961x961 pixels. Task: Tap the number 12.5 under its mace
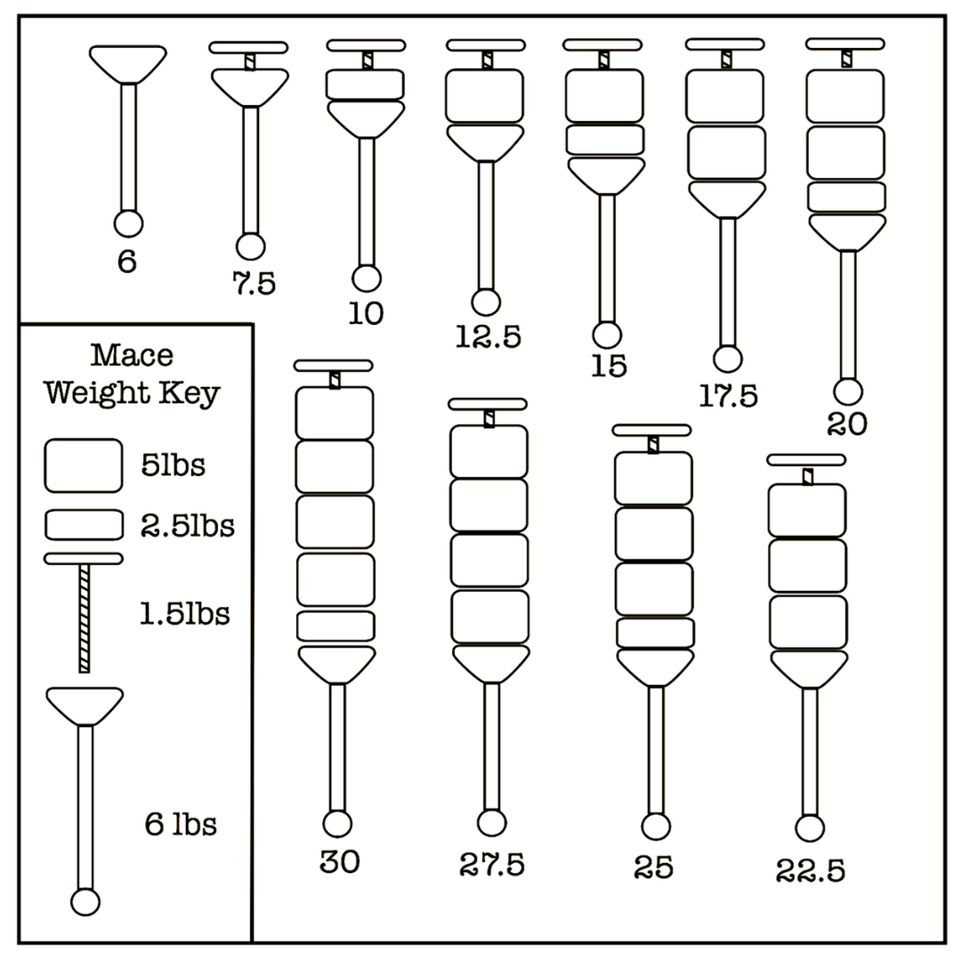coord(488,336)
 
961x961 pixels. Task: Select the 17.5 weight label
coord(728,396)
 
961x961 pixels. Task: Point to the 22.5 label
coord(810,869)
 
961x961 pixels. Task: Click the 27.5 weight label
coord(492,863)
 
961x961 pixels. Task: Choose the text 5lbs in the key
coord(173,465)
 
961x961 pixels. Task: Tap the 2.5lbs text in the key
coord(187,526)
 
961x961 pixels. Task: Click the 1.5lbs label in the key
coord(185,613)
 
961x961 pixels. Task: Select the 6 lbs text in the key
coord(181,825)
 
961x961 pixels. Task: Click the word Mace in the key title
coord(132,356)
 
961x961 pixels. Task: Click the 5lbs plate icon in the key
coord(84,465)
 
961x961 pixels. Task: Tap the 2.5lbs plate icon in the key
coord(84,525)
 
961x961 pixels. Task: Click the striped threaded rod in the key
coord(85,618)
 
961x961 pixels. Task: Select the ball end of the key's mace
coord(85,902)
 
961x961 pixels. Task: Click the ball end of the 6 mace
coord(128,222)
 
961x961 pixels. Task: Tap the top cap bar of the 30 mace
coord(334,365)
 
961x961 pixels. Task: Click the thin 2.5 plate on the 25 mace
coord(654,633)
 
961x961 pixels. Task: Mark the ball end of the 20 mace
coord(847,391)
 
